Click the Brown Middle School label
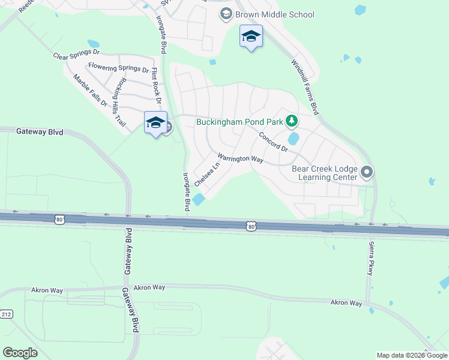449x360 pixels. point(275,14)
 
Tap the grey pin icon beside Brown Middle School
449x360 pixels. point(226,14)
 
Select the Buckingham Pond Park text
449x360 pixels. point(240,122)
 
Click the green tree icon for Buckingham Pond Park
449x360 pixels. point(292,122)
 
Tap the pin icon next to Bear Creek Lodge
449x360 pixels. point(367,173)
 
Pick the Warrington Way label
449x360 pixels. point(240,158)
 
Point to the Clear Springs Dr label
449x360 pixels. point(75,56)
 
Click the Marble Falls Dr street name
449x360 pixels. point(90,91)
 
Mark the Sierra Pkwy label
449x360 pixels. point(370,258)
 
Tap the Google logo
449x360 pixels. point(20,353)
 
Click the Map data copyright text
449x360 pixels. point(412,355)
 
